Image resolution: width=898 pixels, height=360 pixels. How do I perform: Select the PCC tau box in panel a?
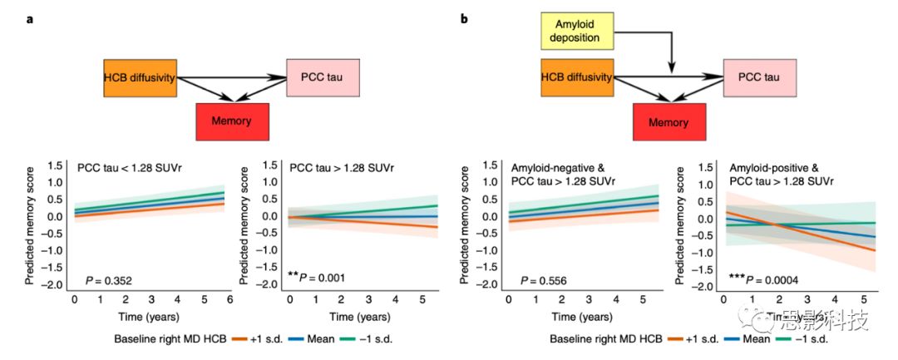coord(320,79)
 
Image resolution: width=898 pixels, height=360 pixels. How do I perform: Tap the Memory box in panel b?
coord(669,122)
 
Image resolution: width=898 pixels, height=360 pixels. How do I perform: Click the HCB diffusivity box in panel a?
coord(138,79)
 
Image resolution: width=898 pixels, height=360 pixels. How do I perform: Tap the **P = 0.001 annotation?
coord(316,278)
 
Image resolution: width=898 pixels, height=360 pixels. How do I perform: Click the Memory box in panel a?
coord(231,121)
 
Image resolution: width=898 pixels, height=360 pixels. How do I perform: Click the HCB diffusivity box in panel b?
coord(577,79)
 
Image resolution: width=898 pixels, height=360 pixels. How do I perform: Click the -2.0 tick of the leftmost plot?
coord(55,285)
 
